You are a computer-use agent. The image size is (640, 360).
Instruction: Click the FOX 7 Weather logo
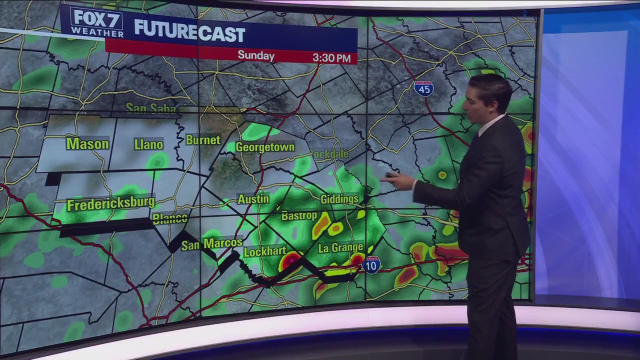97,22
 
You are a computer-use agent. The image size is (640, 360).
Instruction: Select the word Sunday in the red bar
256,55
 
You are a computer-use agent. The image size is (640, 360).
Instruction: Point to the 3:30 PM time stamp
331,57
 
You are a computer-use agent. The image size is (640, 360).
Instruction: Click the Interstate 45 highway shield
423,88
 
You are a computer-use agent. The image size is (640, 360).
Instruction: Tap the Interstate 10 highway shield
371,264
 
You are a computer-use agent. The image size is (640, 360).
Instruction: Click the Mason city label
87,144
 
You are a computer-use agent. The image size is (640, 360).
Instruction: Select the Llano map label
148,145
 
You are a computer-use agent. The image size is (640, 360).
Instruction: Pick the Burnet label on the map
203,140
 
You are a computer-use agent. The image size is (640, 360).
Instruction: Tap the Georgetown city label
265,147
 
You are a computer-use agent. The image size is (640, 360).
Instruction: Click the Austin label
253,199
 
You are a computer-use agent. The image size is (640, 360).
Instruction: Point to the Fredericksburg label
110,204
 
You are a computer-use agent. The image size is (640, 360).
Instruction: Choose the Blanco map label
170,218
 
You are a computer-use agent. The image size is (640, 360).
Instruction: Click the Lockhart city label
264,251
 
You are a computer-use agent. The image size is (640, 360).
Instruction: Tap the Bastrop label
299,216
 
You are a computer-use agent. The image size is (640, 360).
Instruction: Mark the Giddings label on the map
339,199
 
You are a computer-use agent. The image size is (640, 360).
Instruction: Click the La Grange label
340,248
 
